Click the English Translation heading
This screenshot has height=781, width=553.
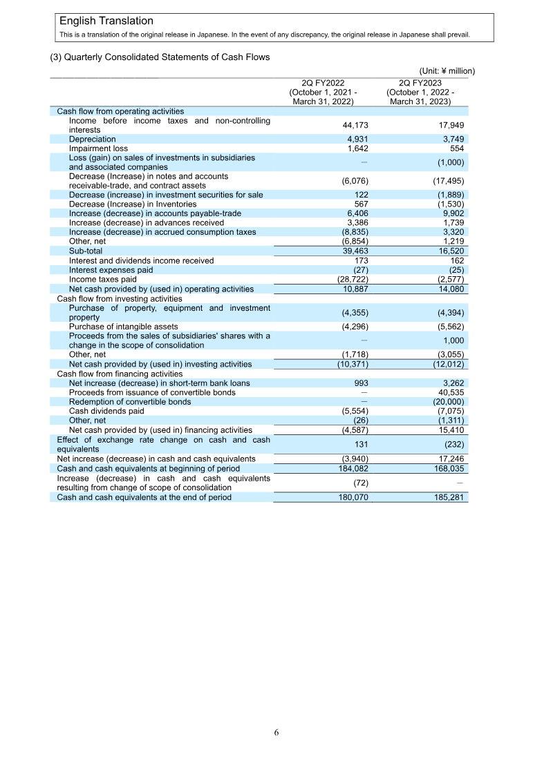pyautogui.click(x=106, y=21)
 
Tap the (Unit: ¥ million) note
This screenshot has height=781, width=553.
pyautogui.click(x=447, y=70)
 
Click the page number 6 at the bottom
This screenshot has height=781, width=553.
pyautogui.click(x=276, y=733)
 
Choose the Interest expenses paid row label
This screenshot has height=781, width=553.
pyautogui.click(x=111, y=270)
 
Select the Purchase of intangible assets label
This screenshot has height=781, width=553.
pyautogui.click(x=123, y=326)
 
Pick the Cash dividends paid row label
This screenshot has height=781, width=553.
pyautogui.click(x=106, y=410)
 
